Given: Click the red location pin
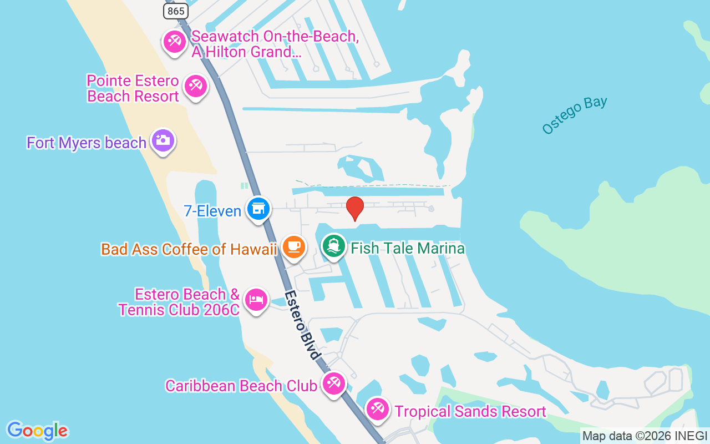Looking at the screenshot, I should pyautogui.click(x=355, y=209).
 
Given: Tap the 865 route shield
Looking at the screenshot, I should pyautogui.click(x=176, y=11).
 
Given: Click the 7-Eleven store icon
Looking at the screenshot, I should pyautogui.click(x=258, y=209).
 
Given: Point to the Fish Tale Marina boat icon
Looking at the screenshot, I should pyautogui.click(x=333, y=246).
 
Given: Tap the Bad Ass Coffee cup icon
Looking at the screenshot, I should pyautogui.click(x=294, y=246).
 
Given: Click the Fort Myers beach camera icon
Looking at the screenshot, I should pyautogui.click(x=163, y=140).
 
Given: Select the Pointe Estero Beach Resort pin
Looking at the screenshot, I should pyautogui.click(x=195, y=86).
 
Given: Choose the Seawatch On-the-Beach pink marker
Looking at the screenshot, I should pyautogui.click(x=175, y=42).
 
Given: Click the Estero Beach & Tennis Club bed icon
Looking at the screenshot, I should pyautogui.click(x=255, y=299).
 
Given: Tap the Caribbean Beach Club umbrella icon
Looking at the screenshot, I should pyautogui.click(x=333, y=384).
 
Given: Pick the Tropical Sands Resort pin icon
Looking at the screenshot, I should pyautogui.click(x=378, y=410).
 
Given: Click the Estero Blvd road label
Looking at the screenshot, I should pyautogui.click(x=304, y=325).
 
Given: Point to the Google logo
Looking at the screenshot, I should pyautogui.click(x=38, y=431).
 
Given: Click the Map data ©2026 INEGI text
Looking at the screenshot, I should pyautogui.click(x=645, y=436).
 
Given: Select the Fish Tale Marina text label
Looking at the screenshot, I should pyautogui.click(x=408, y=248).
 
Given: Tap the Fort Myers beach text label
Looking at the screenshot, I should pyautogui.click(x=87, y=143).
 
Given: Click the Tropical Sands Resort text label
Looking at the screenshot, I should pyautogui.click(x=470, y=411).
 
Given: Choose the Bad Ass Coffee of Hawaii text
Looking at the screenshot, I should pyautogui.click(x=189, y=249).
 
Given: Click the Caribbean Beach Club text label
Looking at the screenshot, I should pyautogui.click(x=241, y=385).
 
